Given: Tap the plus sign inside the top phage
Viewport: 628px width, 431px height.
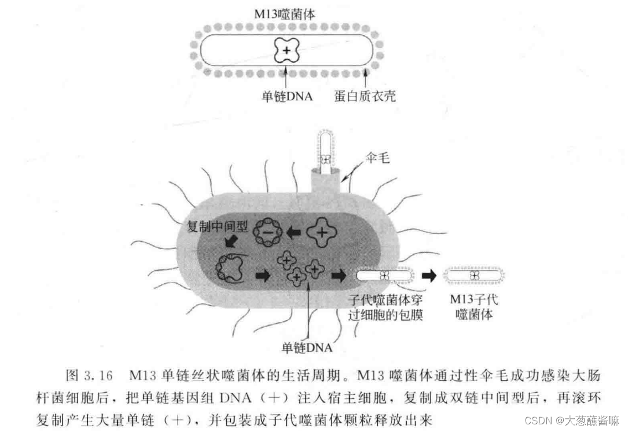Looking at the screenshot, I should [286, 51].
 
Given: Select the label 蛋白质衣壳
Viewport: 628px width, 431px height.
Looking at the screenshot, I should [365, 96].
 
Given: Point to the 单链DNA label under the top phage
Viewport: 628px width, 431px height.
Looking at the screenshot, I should [287, 96].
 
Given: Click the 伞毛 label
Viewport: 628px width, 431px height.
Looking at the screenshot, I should [378, 159].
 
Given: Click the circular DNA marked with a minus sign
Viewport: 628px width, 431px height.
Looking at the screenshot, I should [267, 235].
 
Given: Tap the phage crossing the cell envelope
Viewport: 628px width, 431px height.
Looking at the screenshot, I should [384, 275].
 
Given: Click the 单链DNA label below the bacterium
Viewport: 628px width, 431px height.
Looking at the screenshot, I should [307, 348].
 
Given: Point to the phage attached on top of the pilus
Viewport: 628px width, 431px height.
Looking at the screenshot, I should [327, 148].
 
